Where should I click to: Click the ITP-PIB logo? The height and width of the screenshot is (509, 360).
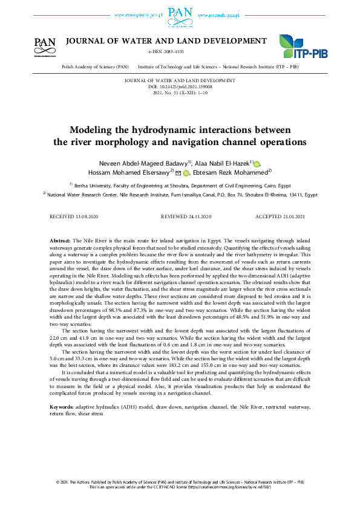[x=303, y=47]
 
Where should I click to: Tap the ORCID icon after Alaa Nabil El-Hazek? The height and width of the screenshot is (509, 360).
[x=257, y=164]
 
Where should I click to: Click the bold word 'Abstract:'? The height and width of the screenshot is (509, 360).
[x=60, y=241]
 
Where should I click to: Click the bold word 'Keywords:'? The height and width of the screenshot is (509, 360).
[x=62, y=407]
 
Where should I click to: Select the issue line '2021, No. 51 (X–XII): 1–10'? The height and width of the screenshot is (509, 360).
[x=180, y=93]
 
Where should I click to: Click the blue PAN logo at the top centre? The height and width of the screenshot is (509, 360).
[x=180, y=13]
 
